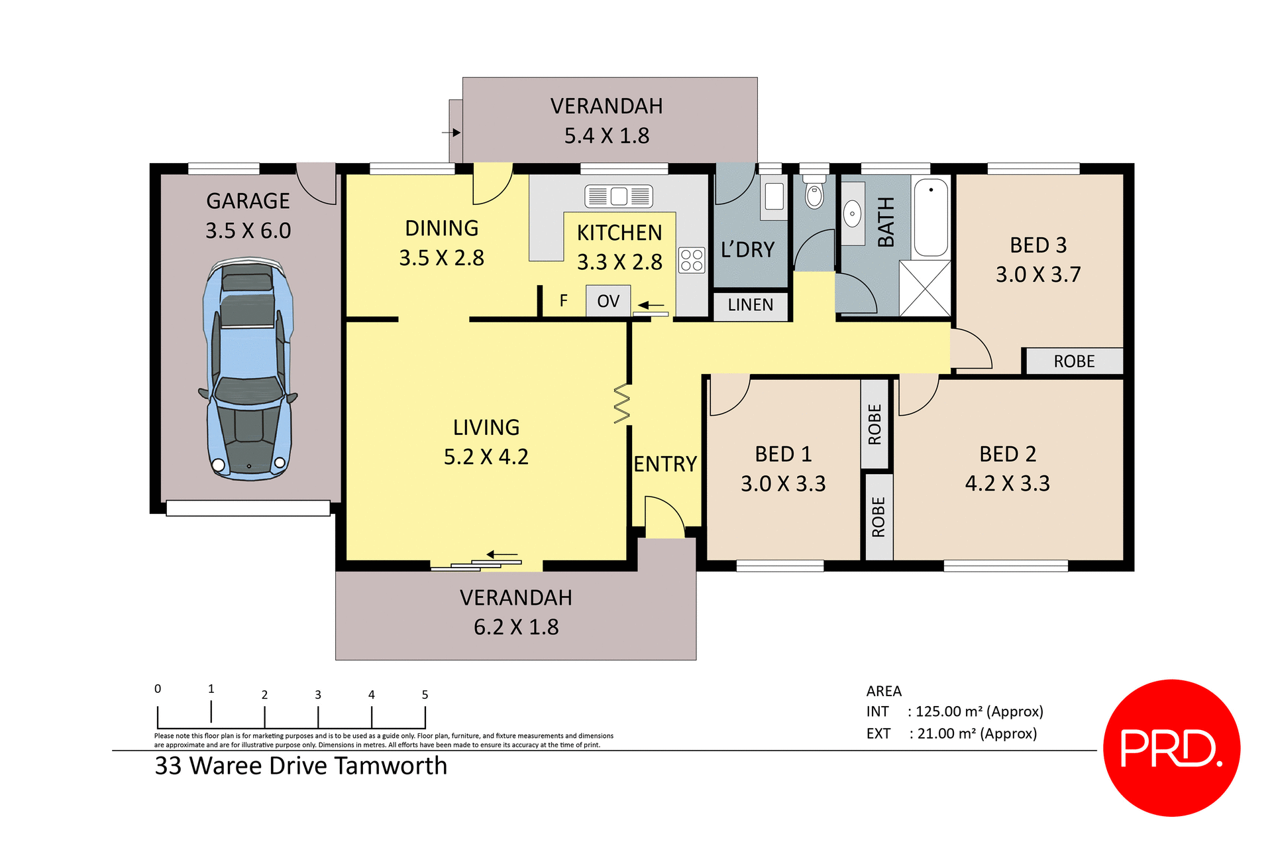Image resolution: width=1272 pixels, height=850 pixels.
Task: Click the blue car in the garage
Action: click(248, 368)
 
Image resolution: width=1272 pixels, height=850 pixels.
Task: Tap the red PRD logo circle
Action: click(1171, 747)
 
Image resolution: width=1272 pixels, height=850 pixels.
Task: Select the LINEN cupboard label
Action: click(750, 305)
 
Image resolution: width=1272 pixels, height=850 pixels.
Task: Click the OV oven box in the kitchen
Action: click(608, 301)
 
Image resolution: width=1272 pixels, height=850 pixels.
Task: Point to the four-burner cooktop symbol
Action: click(692, 260)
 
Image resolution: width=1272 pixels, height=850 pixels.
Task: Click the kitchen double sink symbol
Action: click(618, 196)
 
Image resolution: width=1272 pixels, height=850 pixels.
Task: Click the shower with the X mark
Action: click(925, 288)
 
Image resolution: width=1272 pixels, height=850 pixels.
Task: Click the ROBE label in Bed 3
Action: click(1073, 361)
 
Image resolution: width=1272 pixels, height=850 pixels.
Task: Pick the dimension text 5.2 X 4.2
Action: click(486, 457)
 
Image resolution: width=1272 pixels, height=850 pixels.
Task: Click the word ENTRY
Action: click(664, 464)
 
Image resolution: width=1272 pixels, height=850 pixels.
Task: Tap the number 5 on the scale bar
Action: click(425, 695)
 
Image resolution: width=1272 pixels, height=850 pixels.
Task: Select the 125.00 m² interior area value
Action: click(946, 711)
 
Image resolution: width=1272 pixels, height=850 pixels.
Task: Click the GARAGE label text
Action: click(248, 201)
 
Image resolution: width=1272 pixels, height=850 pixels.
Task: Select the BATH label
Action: click(886, 222)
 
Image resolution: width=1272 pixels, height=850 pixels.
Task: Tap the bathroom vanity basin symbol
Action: click(852, 213)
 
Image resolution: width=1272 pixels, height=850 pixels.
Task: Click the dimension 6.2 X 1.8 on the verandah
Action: click(515, 627)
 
